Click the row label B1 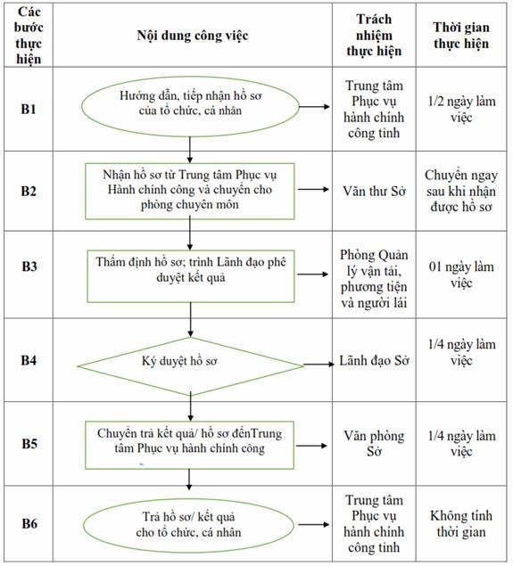pyautogui.click(x=29, y=109)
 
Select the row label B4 pyautogui.click(x=29, y=360)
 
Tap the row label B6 pyautogui.click(x=29, y=523)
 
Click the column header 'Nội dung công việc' pyautogui.click(x=193, y=36)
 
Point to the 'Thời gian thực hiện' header pyautogui.click(x=461, y=36)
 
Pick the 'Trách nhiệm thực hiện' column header pyautogui.click(x=374, y=35)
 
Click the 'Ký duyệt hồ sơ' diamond pyautogui.click(x=190, y=366)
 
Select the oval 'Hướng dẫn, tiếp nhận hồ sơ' pyautogui.click(x=190, y=106)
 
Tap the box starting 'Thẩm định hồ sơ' pyautogui.click(x=191, y=276)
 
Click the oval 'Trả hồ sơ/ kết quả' pyautogui.click(x=188, y=525)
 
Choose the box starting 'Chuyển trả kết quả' pyautogui.click(x=190, y=445)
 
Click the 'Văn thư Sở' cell pyautogui.click(x=375, y=191)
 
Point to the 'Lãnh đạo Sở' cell pyautogui.click(x=375, y=361)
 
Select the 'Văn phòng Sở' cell pyautogui.click(x=375, y=443)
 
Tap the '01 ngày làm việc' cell pyautogui.click(x=461, y=275)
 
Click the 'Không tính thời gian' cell pyautogui.click(x=461, y=524)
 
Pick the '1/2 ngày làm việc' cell pyautogui.click(x=461, y=109)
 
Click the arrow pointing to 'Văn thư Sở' pyautogui.click(x=313, y=189)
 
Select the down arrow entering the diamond pyautogui.click(x=190, y=320)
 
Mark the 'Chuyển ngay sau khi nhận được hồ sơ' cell pyautogui.click(x=461, y=191)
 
